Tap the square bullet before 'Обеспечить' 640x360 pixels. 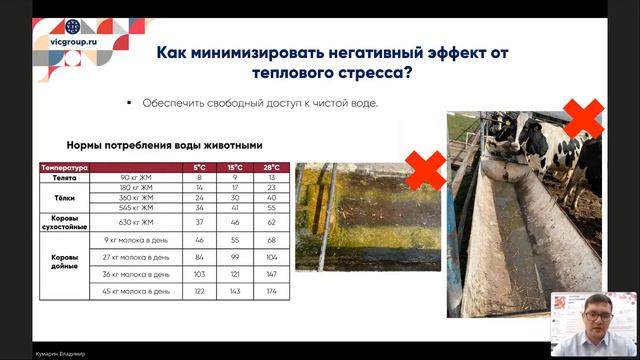129,102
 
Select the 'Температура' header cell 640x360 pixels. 65,167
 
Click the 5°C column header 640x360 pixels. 199,167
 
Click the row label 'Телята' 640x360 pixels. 65,177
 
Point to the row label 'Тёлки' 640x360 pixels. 65,197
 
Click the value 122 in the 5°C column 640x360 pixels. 199,291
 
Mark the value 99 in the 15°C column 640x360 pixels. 235,257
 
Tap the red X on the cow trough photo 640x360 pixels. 583,119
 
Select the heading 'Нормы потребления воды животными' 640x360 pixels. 164,143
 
